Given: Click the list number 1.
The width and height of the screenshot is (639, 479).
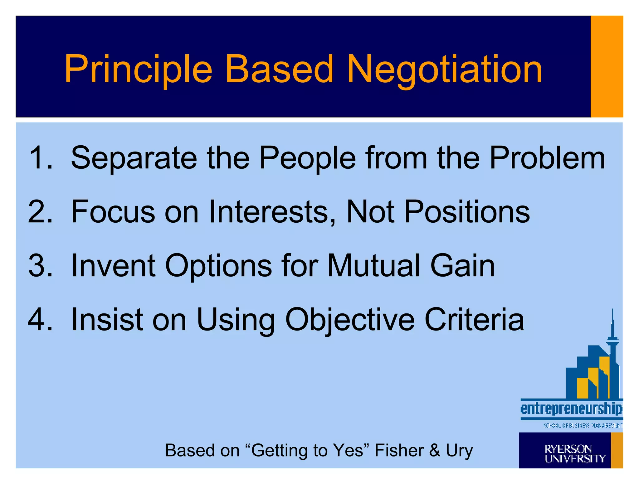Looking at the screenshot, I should [39, 158].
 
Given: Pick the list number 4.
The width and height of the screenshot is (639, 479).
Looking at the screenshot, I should [39, 319].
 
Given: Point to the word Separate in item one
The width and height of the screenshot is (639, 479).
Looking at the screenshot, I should [134, 158].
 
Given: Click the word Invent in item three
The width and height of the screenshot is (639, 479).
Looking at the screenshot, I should [113, 266].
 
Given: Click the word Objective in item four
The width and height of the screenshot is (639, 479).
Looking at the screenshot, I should [350, 320].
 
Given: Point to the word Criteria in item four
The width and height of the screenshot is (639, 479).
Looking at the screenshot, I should [475, 319].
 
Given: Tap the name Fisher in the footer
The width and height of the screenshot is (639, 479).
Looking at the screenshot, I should [399, 450].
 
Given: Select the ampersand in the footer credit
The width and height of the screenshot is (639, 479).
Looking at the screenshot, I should [434, 450].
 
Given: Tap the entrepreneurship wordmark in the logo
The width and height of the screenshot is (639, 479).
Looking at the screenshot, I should [571, 409].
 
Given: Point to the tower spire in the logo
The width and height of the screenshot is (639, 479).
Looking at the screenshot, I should [612, 324].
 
